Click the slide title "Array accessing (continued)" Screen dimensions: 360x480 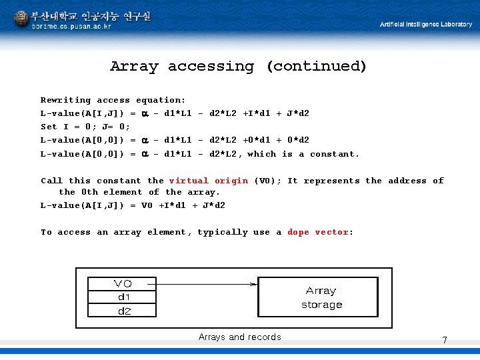238,66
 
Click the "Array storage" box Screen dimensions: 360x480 321,297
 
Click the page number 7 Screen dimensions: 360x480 444,341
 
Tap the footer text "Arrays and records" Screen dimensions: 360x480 239,337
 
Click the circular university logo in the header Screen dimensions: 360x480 21,19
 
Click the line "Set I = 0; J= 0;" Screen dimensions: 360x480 85,127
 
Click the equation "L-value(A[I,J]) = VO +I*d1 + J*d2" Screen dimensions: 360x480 133,205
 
